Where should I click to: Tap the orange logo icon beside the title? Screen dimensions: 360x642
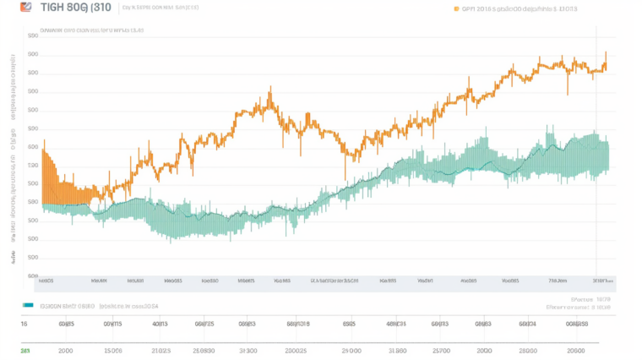25,8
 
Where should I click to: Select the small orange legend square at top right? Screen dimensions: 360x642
457,9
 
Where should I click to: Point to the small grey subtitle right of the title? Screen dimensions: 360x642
160,8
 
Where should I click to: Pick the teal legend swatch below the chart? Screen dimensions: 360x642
28,305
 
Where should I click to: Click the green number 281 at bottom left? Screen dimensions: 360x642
25,349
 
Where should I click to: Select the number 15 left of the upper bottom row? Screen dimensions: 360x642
24,323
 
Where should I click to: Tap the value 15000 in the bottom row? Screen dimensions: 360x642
112,349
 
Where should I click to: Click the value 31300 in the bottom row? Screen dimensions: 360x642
248,349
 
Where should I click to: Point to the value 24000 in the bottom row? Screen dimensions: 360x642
350,349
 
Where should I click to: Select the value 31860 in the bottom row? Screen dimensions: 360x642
396,349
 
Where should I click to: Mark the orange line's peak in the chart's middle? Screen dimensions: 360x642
269,89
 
